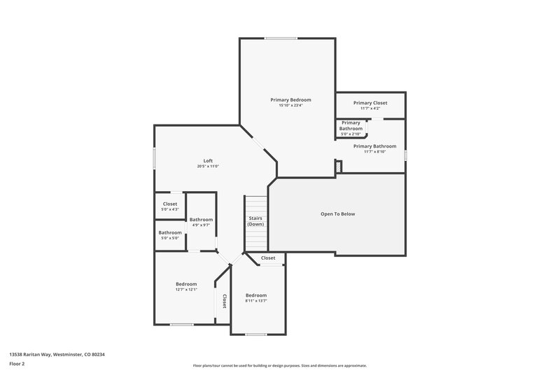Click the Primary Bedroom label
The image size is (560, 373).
click(x=290, y=100)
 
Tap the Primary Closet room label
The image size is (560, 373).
click(x=370, y=103)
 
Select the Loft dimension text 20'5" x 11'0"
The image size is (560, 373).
click(x=208, y=166)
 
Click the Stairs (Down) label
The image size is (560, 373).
click(x=255, y=221)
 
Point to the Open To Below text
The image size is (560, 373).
click(x=338, y=213)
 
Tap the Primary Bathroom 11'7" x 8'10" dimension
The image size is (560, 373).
click(x=370, y=151)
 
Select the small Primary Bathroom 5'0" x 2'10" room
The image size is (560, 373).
click(x=351, y=128)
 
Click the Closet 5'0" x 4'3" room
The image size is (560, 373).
click(x=170, y=206)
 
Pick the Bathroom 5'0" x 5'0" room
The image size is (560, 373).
click(x=169, y=235)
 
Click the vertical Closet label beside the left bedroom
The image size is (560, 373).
click(x=224, y=301)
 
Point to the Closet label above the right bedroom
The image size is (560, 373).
click(x=268, y=258)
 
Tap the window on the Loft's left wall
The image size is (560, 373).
click(x=155, y=158)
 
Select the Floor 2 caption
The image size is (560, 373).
click(x=17, y=364)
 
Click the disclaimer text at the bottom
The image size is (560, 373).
click(x=279, y=365)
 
